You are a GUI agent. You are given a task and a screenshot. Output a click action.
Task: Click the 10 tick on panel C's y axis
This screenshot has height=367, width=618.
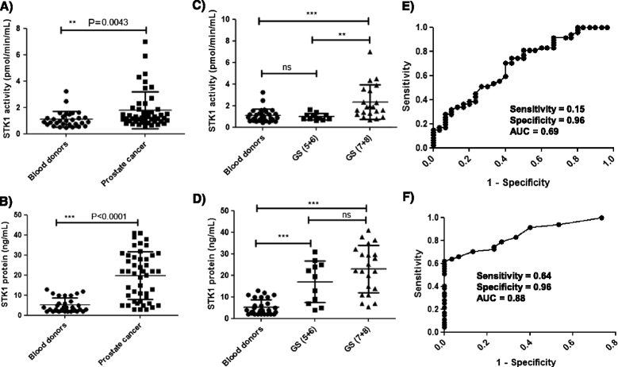(x=234, y=19)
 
